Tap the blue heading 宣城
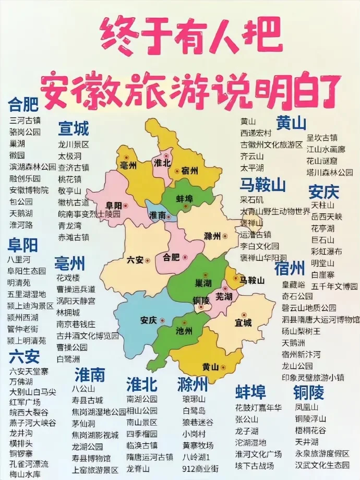(73, 128)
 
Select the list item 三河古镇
(25, 121)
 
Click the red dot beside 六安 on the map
(148, 260)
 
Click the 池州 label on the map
(184, 331)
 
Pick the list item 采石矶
(251, 199)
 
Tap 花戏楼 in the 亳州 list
(68, 277)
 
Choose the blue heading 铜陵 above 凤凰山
(309, 392)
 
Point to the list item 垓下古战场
(254, 465)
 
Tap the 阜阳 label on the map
(114, 205)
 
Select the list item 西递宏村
(256, 133)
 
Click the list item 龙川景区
(73, 145)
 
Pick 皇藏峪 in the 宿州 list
(293, 285)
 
